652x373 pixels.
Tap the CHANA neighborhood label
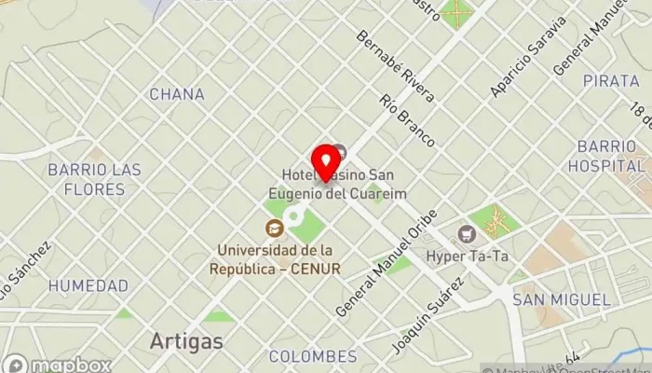tap(176, 94)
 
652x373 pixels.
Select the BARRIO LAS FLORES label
tap(95, 179)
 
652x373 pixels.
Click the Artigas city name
tap(186, 341)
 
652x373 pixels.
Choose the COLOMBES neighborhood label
tap(312, 355)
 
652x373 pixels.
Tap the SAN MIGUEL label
tap(562, 299)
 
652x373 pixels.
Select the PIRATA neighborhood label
tap(611, 81)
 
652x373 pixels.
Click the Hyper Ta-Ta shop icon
tap(467, 233)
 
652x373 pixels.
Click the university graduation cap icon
tap(275, 228)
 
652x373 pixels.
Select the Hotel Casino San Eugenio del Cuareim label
tap(344, 183)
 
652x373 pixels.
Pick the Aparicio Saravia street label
tap(528, 55)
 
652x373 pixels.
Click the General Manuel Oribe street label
tap(386, 262)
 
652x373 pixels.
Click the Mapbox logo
tap(56, 364)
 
